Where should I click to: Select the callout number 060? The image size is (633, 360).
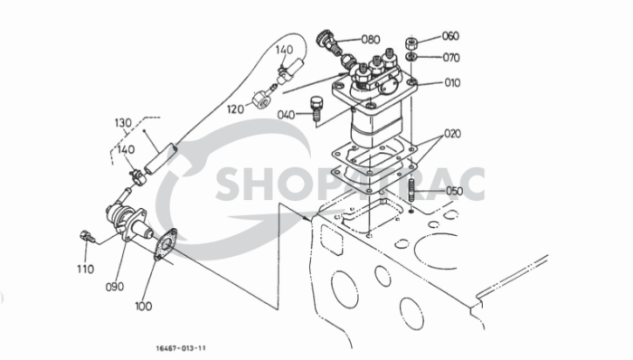450,37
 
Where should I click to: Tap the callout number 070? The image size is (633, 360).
450,58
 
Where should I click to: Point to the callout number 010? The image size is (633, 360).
450,83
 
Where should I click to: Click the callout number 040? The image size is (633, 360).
287,115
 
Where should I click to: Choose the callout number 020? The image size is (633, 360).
451,133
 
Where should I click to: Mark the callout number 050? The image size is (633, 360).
453,192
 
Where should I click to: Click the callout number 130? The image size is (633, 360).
124,122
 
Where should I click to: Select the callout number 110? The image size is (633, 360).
85,269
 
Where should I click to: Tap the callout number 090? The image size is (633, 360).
113,287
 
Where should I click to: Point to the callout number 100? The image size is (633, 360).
144,306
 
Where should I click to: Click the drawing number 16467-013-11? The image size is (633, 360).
179,346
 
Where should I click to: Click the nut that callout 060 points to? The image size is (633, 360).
411,42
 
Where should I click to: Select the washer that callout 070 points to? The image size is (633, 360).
411,57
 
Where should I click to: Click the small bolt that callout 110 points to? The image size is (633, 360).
86,236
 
